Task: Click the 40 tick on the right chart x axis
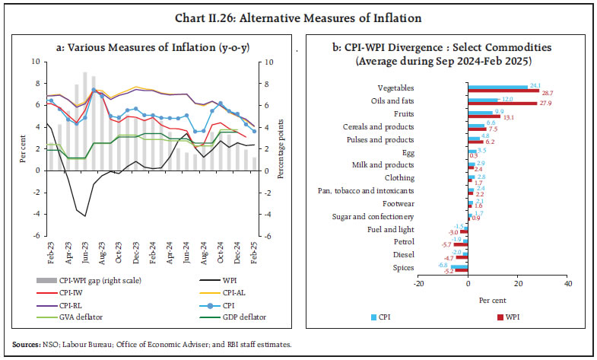(x=567, y=284)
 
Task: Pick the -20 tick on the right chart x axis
(x=417, y=284)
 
